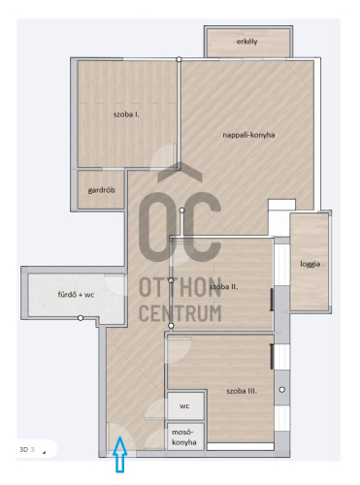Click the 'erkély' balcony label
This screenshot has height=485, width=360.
pyautogui.click(x=246, y=42)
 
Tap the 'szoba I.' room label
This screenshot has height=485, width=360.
pyautogui.click(x=126, y=114)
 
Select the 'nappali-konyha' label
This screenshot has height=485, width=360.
pyautogui.click(x=248, y=135)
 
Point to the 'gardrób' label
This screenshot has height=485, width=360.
pyautogui.click(x=101, y=190)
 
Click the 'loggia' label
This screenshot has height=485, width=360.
pyautogui.click(x=310, y=264)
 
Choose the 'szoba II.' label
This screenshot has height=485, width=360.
pyautogui.click(x=223, y=286)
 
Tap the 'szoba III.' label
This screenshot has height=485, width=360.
pyautogui.click(x=242, y=391)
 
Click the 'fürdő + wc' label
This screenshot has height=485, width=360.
pyautogui.click(x=76, y=295)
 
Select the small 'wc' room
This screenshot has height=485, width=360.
pyautogui.click(x=185, y=405)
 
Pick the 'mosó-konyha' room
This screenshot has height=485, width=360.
pyautogui.click(x=185, y=436)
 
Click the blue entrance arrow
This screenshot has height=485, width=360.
pyautogui.click(x=120, y=454)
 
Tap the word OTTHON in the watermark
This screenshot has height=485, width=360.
pyautogui.click(x=180, y=287)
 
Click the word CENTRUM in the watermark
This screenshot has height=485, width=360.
pyautogui.click(x=180, y=313)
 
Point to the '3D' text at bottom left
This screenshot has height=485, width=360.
pyautogui.click(x=24, y=449)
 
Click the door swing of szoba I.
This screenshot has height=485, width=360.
pyautogui.click(x=163, y=156)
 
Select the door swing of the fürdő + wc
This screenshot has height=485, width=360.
pyautogui.click(x=115, y=285)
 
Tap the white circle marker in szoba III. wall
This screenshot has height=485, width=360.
pyautogui.click(x=282, y=390)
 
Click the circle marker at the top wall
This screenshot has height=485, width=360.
pyautogui.click(x=179, y=59)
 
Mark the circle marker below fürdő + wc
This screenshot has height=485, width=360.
pyautogui.click(x=81, y=318)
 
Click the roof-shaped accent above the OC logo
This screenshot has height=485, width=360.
pyautogui.click(x=180, y=172)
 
